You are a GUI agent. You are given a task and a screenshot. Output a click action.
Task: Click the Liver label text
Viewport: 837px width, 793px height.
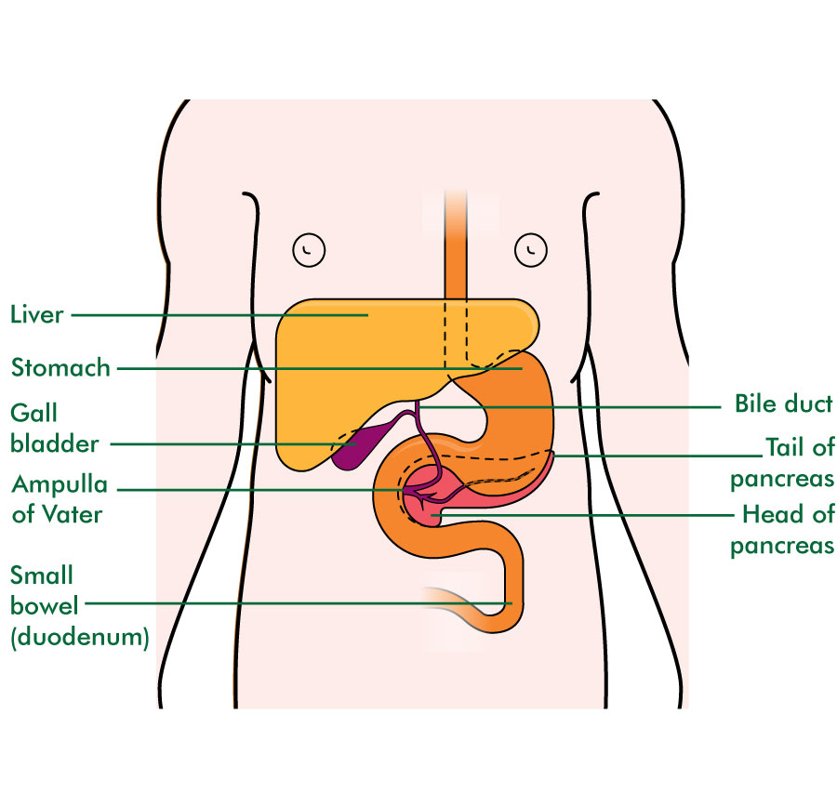[x=37, y=314]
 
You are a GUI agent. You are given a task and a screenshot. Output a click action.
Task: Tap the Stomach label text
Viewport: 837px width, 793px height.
[x=60, y=368]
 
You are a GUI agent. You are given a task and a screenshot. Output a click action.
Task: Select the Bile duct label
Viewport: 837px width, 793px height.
[x=784, y=403]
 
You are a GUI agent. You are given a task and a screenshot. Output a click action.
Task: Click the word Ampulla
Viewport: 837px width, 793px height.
[x=60, y=485]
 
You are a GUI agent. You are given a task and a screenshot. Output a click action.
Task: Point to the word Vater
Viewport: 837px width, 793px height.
[x=72, y=515]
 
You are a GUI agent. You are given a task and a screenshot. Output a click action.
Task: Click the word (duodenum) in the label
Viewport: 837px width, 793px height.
[x=80, y=637]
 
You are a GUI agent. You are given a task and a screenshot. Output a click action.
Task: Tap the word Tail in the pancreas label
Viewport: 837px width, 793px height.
[x=786, y=447]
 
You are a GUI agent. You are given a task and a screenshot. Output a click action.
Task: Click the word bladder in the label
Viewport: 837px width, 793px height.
[x=55, y=443]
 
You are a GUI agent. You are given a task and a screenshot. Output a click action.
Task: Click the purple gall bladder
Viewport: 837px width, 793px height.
[x=356, y=444]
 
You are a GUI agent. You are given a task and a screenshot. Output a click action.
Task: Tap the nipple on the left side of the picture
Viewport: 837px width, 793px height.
[x=309, y=250]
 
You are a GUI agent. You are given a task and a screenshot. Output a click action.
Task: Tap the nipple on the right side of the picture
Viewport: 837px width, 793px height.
[x=531, y=249]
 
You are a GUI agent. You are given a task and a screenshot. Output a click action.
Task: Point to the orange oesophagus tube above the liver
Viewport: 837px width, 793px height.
[x=456, y=245]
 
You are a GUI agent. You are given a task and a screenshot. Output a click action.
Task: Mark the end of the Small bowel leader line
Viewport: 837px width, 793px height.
[x=511, y=603]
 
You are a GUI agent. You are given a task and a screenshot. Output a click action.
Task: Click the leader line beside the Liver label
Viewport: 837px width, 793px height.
[x=219, y=315]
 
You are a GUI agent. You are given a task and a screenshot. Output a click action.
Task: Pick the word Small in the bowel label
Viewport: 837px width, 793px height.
[x=42, y=575]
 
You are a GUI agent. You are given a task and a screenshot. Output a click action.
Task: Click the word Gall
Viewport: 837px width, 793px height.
[x=33, y=413]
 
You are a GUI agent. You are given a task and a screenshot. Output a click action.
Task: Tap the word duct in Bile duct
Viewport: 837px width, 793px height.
[x=809, y=403]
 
